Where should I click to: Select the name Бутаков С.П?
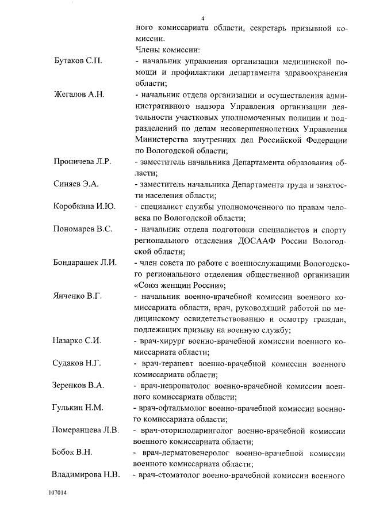pyautogui.click(x=78, y=62)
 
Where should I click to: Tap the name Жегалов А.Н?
pyautogui.click(x=78, y=95)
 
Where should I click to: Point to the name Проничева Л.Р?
pyautogui.click(x=82, y=162)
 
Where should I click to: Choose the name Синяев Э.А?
pyautogui.click(x=76, y=184)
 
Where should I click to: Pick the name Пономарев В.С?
pyautogui.click(x=83, y=229)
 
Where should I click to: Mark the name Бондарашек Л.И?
pyautogui.click(x=85, y=263)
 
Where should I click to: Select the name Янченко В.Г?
pyautogui.click(x=78, y=296)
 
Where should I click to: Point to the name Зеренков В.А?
pyautogui.click(x=79, y=386)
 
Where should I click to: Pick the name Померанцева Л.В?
pyautogui.click(x=86, y=431)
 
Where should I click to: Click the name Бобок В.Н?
pyautogui.click(x=72, y=452)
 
